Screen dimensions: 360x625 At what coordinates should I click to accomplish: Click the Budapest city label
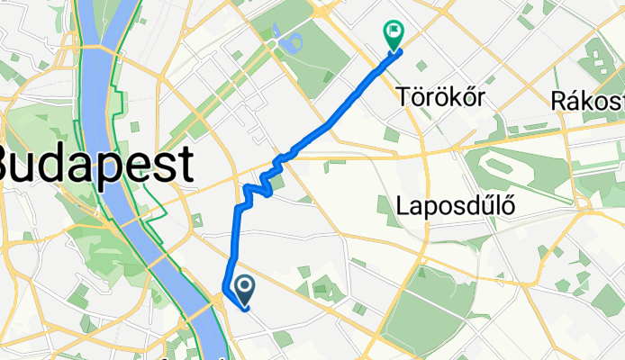click(x=95, y=165)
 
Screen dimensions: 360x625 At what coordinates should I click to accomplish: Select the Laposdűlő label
click(x=456, y=207)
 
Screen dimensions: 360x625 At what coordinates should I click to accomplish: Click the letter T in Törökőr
click(x=402, y=98)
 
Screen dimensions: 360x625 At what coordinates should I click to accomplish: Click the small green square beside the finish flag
click(x=389, y=134)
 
